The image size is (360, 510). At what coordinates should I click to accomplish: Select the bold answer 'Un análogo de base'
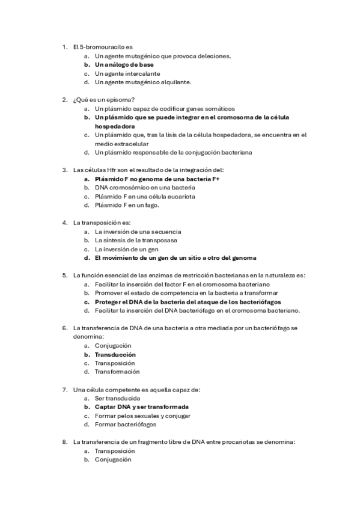pyautogui.click(x=124, y=64)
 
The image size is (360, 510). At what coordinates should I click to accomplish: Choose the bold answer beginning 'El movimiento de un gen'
pyautogui.click(x=175, y=257)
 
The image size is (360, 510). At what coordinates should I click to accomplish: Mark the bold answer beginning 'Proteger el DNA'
pyautogui.click(x=188, y=301)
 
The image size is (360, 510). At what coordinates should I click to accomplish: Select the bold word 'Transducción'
pyautogui.click(x=115, y=354)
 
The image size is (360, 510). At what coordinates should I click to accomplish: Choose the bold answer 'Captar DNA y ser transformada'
pyautogui.click(x=141, y=407)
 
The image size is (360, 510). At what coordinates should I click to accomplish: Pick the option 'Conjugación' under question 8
pyautogui.click(x=112, y=459)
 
